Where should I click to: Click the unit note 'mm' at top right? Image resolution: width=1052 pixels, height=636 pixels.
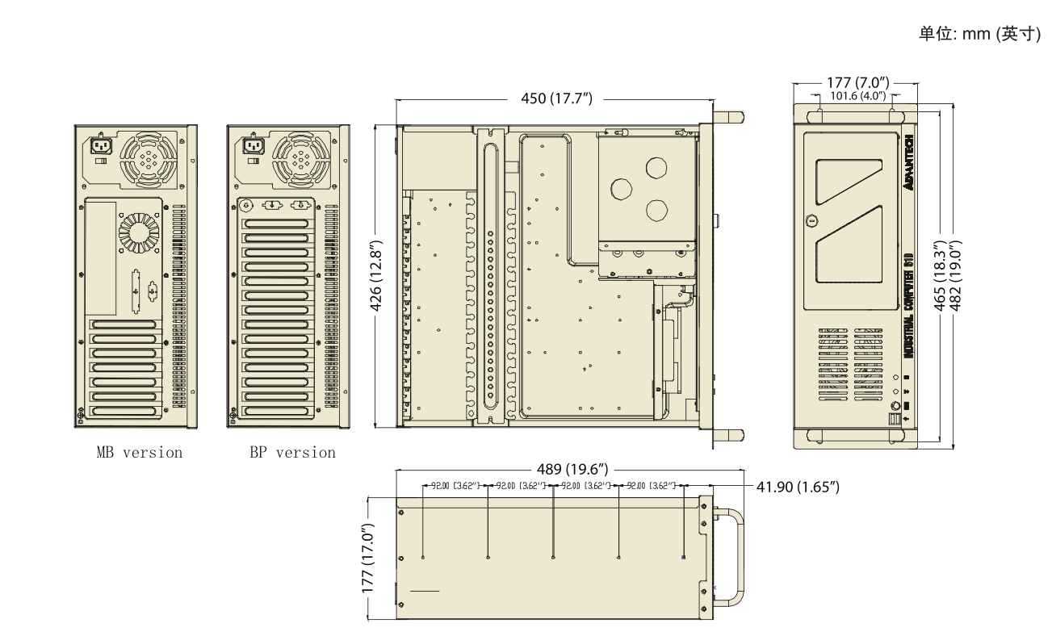[976, 34]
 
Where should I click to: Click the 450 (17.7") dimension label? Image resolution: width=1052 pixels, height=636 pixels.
[556, 98]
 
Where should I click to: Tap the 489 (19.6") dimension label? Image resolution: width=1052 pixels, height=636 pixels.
[572, 469]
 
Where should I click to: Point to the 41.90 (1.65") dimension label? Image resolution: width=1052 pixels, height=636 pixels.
[798, 487]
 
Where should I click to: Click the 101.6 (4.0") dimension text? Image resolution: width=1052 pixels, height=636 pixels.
[858, 96]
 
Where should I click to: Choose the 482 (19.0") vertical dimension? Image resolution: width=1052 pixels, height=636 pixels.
[955, 275]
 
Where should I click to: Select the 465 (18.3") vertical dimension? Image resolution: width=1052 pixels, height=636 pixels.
[940, 275]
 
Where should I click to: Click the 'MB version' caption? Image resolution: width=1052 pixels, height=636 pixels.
[140, 453]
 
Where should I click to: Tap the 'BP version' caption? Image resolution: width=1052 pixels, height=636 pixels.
[292, 453]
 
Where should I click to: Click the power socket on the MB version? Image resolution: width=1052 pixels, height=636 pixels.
[102, 145]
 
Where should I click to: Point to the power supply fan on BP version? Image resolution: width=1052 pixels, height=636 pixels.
[301, 160]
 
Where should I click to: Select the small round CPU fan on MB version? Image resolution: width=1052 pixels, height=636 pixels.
[139, 233]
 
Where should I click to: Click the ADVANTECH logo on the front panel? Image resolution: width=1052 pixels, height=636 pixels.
[909, 162]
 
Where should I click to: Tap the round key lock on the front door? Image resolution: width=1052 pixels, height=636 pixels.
[811, 220]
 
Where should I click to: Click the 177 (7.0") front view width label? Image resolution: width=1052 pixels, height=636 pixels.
[858, 82]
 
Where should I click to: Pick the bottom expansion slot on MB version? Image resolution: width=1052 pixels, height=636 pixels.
[124, 411]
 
